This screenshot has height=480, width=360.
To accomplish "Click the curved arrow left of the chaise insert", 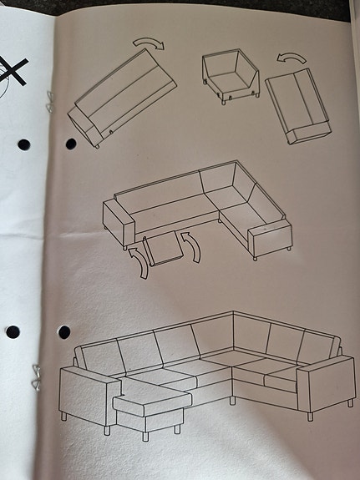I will (138, 260).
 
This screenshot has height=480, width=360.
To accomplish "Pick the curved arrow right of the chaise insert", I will (195, 250).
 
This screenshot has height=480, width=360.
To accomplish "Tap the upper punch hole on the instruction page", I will (70, 144).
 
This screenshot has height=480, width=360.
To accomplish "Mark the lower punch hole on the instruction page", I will (63, 332).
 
